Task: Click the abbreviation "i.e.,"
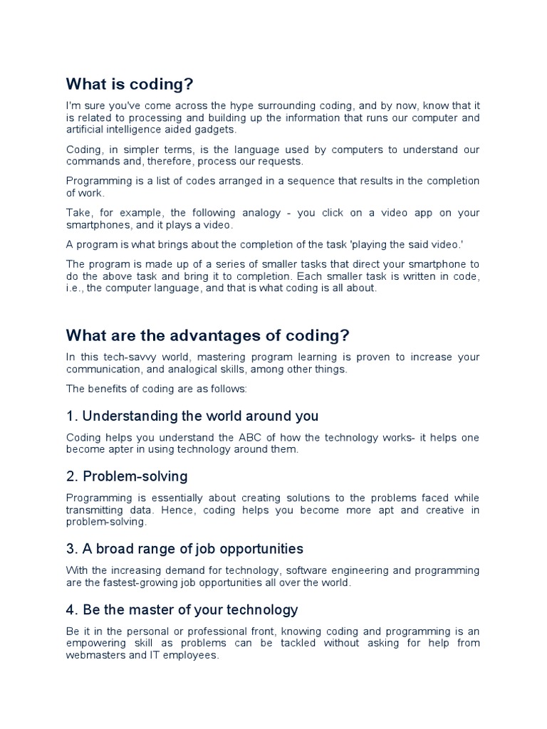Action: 78,288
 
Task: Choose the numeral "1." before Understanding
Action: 73,416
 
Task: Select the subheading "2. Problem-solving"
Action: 127,476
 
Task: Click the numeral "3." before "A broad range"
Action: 73,549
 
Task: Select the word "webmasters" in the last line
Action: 97,655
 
